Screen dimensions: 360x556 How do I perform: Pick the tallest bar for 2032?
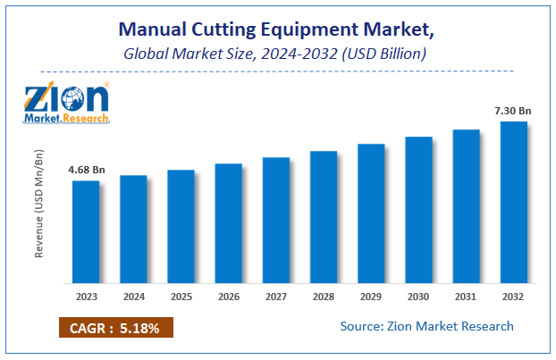tap(513, 201)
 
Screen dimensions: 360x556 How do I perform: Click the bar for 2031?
tap(466, 205)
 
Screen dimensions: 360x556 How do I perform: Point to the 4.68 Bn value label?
tap(86, 170)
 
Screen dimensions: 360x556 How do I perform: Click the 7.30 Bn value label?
tap(513, 110)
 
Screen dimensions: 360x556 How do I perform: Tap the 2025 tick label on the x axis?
tap(181, 296)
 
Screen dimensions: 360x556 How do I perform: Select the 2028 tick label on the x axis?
tap(324, 296)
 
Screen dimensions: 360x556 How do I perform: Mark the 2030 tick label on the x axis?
tap(418, 296)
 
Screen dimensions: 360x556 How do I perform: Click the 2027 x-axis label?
tap(275, 296)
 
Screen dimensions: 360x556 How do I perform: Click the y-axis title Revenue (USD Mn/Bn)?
tap(39, 209)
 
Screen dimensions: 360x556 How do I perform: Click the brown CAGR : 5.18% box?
tap(115, 328)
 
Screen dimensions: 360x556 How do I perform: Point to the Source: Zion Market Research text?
tap(426, 326)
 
